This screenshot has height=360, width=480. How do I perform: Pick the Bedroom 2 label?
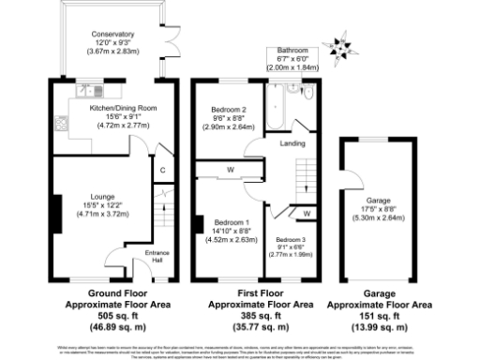point(228,110)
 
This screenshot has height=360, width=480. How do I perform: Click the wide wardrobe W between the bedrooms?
point(228,170)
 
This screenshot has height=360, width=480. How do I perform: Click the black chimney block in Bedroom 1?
point(199,224)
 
